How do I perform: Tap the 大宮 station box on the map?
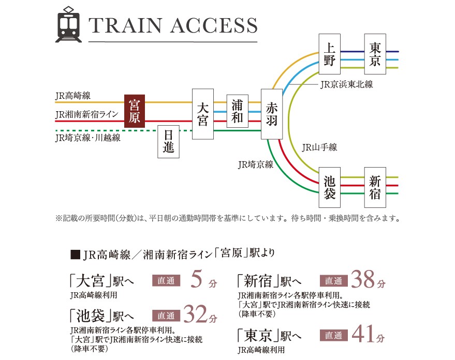[203, 114]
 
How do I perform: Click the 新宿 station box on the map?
[375, 187]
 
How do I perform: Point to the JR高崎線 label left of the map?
[73, 96]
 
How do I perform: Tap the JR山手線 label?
[319, 147]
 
